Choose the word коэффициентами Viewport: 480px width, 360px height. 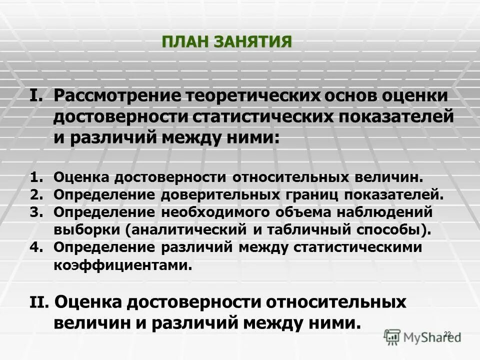point(122,265)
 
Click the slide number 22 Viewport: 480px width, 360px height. point(447,333)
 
